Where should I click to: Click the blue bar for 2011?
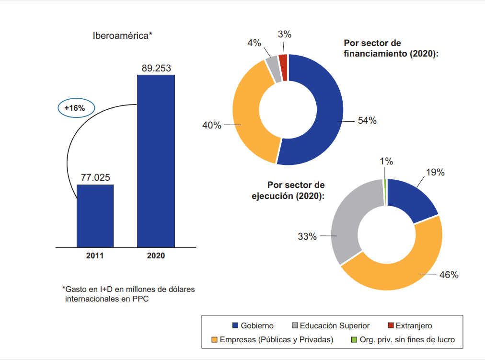click(x=95, y=216)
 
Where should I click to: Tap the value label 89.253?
click(x=156, y=68)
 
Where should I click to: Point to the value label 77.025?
click(x=95, y=177)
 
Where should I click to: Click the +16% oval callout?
click(x=76, y=108)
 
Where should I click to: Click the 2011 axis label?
click(x=95, y=255)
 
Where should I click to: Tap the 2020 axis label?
click(x=156, y=255)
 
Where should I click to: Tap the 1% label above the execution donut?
click(x=386, y=162)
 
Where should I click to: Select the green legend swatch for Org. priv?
click(x=354, y=340)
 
